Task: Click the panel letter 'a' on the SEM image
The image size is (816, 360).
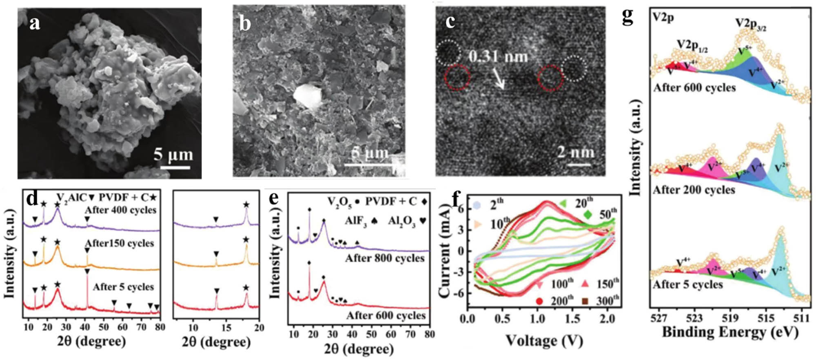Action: click(x=35, y=23)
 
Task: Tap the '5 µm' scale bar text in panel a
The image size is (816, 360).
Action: click(x=173, y=155)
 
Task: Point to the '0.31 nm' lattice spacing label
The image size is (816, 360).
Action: click(x=498, y=56)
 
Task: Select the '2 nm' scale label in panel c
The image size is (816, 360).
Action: click(x=576, y=152)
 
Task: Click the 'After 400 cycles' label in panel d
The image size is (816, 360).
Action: click(x=120, y=210)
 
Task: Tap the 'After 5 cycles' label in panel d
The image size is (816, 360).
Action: click(x=123, y=287)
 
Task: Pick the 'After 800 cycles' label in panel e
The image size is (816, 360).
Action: click(x=385, y=258)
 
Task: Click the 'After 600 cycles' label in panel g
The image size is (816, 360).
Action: click(x=694, y=87)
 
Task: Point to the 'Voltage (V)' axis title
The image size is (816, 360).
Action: click(x=544, y=340)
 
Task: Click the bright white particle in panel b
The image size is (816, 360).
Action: click(x=307, y=97)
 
